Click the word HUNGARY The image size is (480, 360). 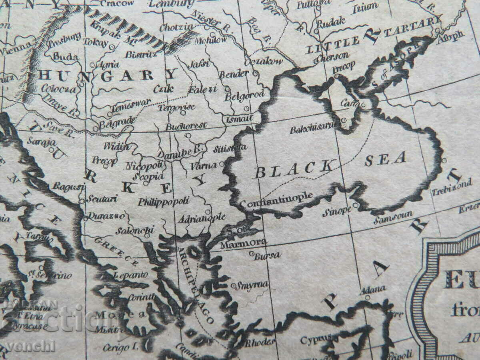click(x=108, y=75)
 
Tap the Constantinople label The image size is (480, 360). click(x=276, y=200)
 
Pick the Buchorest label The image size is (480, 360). click(x=186, y=126)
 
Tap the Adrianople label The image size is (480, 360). click(x=202, y=218)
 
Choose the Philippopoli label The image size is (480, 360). click(x=164, y=201)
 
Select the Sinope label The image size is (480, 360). click(x=337, y=211)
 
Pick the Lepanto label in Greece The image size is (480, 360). click(x=128, y=276)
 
